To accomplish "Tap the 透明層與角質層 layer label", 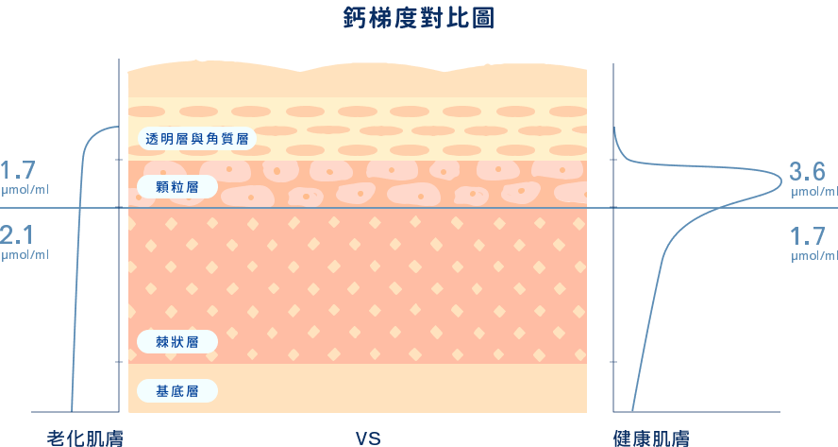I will point(196,139).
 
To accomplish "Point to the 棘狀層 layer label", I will point(177,341).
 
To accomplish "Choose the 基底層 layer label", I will point(177,390).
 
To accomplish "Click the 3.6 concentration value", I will point(807,172).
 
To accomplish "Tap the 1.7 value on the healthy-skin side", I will point(807,235).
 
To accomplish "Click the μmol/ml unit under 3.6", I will point(813,192).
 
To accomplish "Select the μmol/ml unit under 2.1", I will point(24,255).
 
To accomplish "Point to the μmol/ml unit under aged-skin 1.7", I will point(24,192).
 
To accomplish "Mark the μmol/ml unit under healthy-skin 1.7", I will point(813,255).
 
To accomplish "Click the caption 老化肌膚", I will point(86,438).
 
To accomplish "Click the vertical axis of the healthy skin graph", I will point(615,284).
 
